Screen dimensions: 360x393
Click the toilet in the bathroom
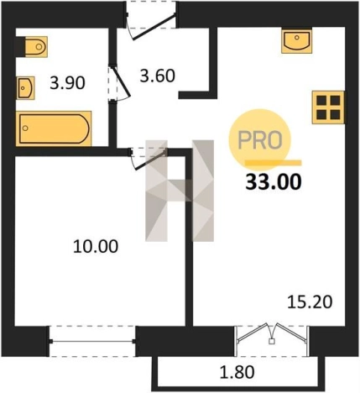(33, 46)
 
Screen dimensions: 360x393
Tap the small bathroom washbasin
(25, 87)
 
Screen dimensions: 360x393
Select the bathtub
(54, 128)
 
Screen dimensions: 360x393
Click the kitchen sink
(296, 41)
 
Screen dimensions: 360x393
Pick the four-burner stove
(328, 107)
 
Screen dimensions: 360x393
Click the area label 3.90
(67, 83)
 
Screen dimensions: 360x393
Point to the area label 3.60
(158, 76)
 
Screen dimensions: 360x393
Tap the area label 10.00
(96, 247)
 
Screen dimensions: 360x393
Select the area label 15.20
(310, 302)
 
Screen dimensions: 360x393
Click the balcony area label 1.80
(237, 372)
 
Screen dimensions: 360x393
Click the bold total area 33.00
(274, 181)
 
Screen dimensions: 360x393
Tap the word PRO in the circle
(260, 140)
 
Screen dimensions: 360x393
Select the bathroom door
(120, 83)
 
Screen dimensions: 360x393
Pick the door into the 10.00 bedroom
(148, 158)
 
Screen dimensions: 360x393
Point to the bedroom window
(92, 341)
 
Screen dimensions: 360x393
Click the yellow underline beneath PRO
(274, 163)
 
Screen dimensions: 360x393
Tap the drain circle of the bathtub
(25, 128)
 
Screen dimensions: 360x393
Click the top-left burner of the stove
(321, 100)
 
